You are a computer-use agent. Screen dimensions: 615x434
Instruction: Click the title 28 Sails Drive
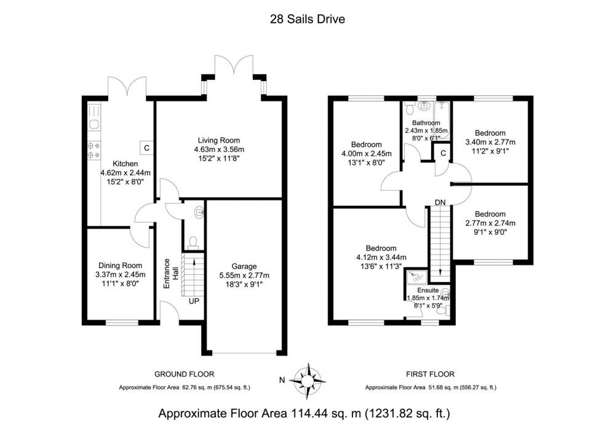pos(307,19)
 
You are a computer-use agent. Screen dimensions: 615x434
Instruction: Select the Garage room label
pos(244,266)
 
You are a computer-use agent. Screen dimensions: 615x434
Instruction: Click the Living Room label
pos(219,140)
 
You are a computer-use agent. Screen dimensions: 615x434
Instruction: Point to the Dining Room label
pos(120,266)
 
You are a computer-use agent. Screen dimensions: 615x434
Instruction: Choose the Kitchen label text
pos(125,164)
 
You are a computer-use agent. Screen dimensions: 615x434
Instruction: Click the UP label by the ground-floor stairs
pos(194,301)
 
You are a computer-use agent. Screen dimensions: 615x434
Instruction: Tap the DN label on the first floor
pos(440,202)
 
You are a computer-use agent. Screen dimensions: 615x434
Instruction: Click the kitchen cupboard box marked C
pos(147,148)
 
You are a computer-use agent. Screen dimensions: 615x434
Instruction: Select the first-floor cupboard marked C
pos(443,153)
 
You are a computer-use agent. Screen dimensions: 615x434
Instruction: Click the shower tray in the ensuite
pos(415,277)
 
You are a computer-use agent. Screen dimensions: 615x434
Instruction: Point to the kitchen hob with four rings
pos(94,150)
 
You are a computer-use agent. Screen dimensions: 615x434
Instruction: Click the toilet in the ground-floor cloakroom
pos(192,242)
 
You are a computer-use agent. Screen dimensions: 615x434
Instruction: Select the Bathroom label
pos(426,123)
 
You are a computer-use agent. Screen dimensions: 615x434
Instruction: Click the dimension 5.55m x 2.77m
pos(244,275)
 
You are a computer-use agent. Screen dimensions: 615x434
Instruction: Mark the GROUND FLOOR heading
pos(184,374)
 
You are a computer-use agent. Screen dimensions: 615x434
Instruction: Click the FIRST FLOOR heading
pos(430,374)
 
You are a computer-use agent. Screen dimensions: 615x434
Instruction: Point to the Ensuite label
pos(428,290)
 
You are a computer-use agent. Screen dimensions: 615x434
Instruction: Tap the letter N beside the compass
pos(282,379)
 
